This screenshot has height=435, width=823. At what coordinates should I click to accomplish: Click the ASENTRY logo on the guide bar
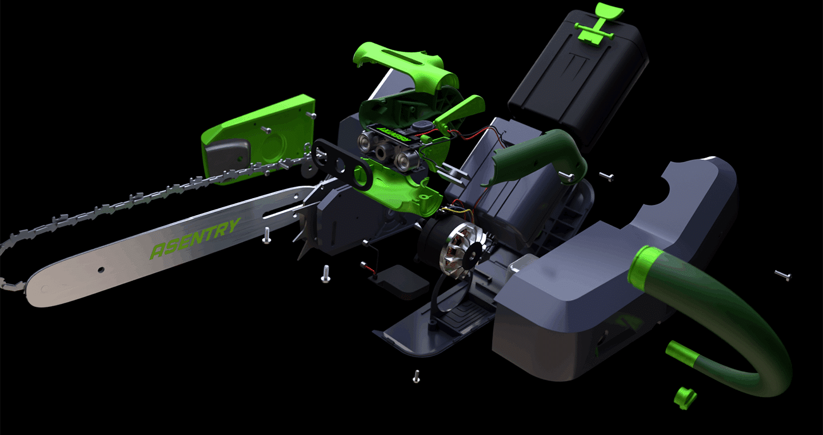195,238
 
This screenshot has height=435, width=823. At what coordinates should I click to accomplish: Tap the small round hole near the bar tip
101,270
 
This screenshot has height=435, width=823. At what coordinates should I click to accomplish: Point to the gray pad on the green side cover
227,155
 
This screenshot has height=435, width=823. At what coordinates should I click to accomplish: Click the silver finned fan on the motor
463,250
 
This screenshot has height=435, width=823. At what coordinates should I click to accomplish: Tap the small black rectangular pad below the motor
403,282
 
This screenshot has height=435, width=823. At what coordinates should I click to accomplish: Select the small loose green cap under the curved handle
685,398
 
